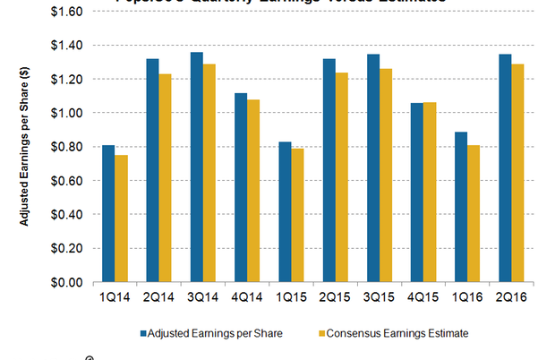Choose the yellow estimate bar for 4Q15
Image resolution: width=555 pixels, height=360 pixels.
point(430,192)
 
